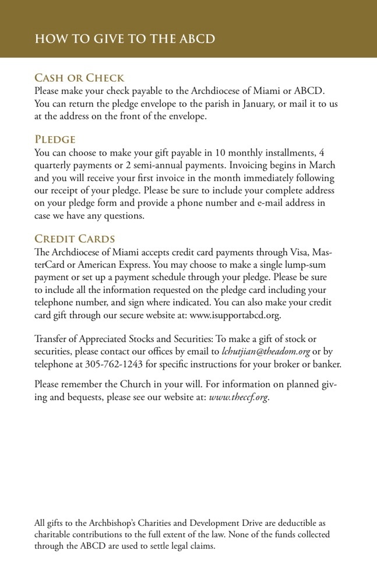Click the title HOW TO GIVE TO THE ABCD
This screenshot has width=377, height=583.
(x=125, y=39)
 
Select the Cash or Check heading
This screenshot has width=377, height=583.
(x=79, y=78)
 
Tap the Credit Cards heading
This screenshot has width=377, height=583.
(x=75, y=239)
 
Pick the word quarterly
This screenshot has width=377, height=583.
(x=55, y=165)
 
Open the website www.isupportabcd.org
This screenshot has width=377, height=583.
(x=235, y=316)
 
